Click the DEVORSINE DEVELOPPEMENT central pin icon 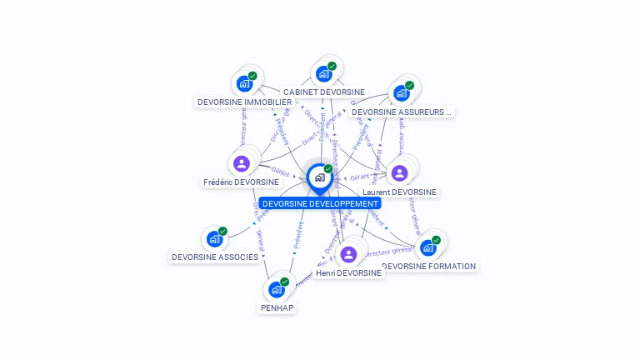pyautogui.click(x=320, y=177)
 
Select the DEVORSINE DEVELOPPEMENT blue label pyautogui.click(x=320, y=203)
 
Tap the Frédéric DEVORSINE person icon pyautogui.click(x=242, y=163)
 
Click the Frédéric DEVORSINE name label pyautogui.click(x=241, y=182)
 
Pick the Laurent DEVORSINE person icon pyautogui.click(x=399, y=173)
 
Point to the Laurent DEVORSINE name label pyautogui.click(x=399, y=192)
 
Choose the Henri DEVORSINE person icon pyautogui.click(x=348, y=254)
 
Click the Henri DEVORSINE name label pyautogui.click(x=348, y=272)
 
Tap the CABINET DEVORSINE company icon pyautogui.click(x=323, y=74)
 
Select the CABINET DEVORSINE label pyautogui.click(x=323, y=92)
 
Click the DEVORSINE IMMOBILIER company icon pyautogui.click(x=244, y=83)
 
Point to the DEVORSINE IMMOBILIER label pyautogui.click(x=244, y=102)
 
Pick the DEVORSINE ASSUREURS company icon pyautogui.click(x=401, y=92)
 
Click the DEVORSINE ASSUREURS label pyautogui.click(x=401, y=111)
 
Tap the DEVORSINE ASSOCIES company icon pyautogui.click(x=214, y=239)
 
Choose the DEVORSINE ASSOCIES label pyautogui.click(x=215, y=257)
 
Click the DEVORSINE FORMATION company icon pyautogui.click(x=427, y=247)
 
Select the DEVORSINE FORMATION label pyautogui.click(x=428, y=267)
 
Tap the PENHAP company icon pyautogui.click(x=276, y=290)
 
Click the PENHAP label pyautogui.click(x=277, y=307)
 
